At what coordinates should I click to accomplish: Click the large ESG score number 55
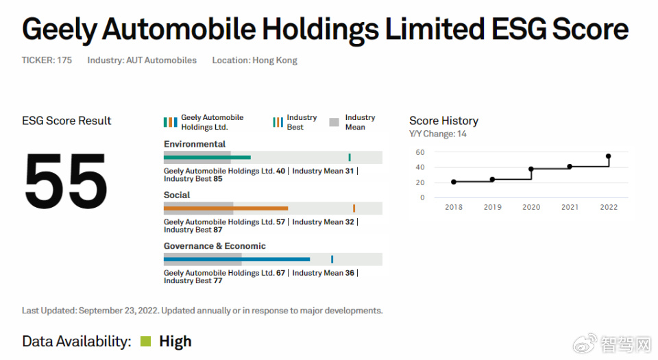[x=66, y=180]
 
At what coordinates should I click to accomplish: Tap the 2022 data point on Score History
[x=609, y=156]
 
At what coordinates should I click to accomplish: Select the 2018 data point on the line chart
[x=454, y=182]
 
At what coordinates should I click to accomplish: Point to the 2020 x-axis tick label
[x=531, y=207]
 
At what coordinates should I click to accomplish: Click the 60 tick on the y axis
[x=420, y=152]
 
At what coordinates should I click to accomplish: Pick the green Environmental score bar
[x=207, y=157]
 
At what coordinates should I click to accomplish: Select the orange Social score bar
[x=226, y=208]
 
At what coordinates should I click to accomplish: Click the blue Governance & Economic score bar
[x=236, y=259]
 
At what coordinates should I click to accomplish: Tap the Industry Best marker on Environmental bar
[x=350, y=157]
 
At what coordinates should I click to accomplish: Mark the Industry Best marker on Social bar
[x=354, y=208]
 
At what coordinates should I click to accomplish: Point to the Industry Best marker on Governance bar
[x=332, y=259]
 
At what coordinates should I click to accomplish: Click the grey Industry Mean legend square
[x=334, y=122]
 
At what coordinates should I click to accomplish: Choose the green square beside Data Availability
[x=145, y=341]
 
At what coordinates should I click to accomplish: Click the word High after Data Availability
[x=175, y=341]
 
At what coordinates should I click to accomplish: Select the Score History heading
[x=443, y=121]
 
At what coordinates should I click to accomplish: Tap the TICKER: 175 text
[x=47, y=60]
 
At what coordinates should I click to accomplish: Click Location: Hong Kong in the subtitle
[x=255, y=60]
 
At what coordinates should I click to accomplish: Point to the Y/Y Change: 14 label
[x=438, y=134]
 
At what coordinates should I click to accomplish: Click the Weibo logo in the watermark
[x=585, y=344]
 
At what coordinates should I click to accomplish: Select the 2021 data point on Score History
[x=570, y=167]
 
